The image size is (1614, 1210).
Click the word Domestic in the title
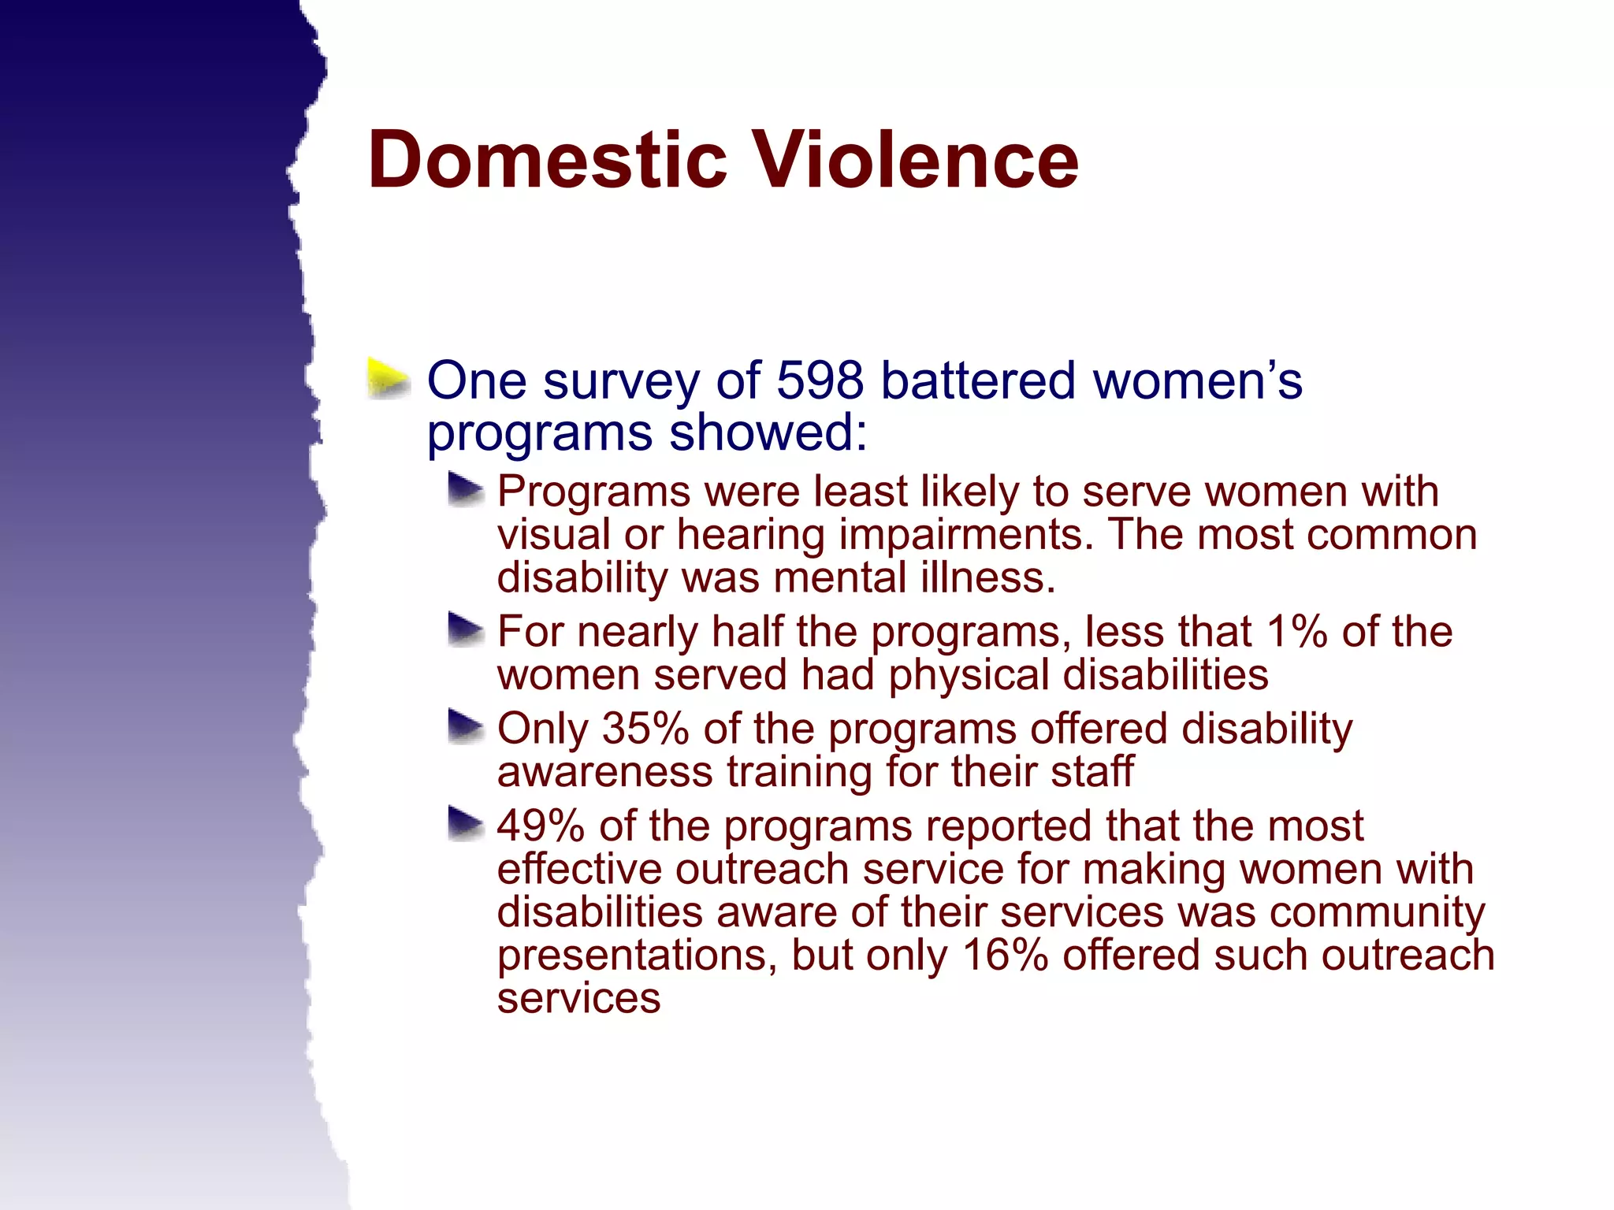(x=547, y=161)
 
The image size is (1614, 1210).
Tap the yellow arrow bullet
(x=389, y=379)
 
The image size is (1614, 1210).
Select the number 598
(x=820, y=380)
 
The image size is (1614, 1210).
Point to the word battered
(x=978, y=380)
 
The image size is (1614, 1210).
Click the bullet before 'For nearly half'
(x=465, y=630)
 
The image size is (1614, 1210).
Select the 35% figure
(x=645, y=729)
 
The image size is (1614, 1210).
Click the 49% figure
(x=541, y=826)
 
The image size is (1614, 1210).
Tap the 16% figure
(x=1006, y=956)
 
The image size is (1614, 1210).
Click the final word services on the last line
(x=578, y=999)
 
